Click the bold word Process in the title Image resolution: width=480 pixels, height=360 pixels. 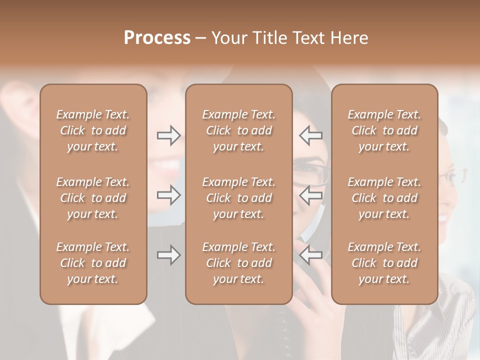coord(157,38)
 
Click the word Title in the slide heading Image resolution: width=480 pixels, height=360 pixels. coord(269,38)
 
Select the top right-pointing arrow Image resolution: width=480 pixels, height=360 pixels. coord(168,135)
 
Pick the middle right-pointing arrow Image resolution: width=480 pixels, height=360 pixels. coord(168,195)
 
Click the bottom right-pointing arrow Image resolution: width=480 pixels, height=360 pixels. coord(168,255)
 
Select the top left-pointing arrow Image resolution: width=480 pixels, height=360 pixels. coord(311,135)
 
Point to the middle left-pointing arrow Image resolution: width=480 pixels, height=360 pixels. coord(311,195)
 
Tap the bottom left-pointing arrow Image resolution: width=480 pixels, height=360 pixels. coord(311,255)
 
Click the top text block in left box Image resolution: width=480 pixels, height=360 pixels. coord(93,130)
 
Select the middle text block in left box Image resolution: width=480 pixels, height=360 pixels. coord(93,198)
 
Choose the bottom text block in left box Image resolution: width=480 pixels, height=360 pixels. coord(93,263)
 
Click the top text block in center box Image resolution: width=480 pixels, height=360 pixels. coord(238,130)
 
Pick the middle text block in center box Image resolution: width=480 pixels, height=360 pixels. coord(238,198)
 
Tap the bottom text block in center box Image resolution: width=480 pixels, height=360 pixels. coord(238,263)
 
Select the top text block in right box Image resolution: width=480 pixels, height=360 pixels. coord(384,130)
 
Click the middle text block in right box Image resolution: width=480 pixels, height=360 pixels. coord(384,198)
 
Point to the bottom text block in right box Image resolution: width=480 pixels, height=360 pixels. coord(384,263)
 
